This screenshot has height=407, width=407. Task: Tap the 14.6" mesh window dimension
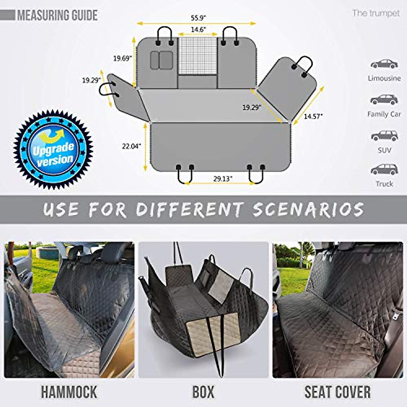tap(198, 30)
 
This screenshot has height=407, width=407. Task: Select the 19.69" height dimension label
tap(122, 58)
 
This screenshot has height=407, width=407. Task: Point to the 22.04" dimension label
tap(131, 146)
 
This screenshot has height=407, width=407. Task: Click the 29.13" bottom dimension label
tap(222, 179)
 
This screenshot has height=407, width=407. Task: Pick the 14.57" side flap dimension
tap(313, 116)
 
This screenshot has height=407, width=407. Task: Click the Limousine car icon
tap(384, 64)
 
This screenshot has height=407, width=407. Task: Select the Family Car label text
tap(384, 114)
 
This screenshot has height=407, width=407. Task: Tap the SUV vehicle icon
tap(384, 136)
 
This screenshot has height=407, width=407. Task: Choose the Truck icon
tap(384, 169)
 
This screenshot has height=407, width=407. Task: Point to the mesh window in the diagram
tap(197, 56)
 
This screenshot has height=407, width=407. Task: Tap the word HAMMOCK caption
tap(69, 392)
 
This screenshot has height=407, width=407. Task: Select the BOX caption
tap(203, 392)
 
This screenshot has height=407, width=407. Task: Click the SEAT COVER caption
tap(337, 392)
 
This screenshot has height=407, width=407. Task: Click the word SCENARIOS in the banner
tap(308, 209)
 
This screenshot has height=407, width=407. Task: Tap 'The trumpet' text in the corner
tap(376, 13)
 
